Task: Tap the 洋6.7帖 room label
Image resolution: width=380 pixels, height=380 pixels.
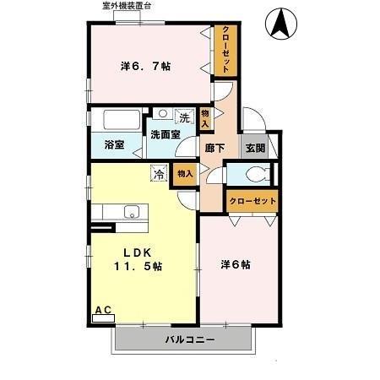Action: pyautogui.click(x=145, y=66)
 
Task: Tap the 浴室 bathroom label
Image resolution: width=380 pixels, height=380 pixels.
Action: pyautogui.click(x=114, y=144)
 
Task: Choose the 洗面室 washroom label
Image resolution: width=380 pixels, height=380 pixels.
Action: pyautogui.click(x=166, y=134)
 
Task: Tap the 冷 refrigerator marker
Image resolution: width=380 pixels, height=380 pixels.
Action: pyautogui.click(x=158, y=174)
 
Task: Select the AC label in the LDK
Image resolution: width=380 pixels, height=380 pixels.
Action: pyautogui.click(x=102, y=310)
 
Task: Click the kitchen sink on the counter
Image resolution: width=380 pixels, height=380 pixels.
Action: pyautogui.click(x=130, y=211)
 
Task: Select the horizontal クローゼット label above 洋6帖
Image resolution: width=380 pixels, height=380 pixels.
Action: pyautogui.click(x=252, y=201)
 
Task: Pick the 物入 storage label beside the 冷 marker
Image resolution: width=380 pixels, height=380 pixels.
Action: pyautogui.click(x=184, y=173)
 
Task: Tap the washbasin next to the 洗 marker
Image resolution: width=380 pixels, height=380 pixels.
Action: pyautogui.click(x=163, y=112)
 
